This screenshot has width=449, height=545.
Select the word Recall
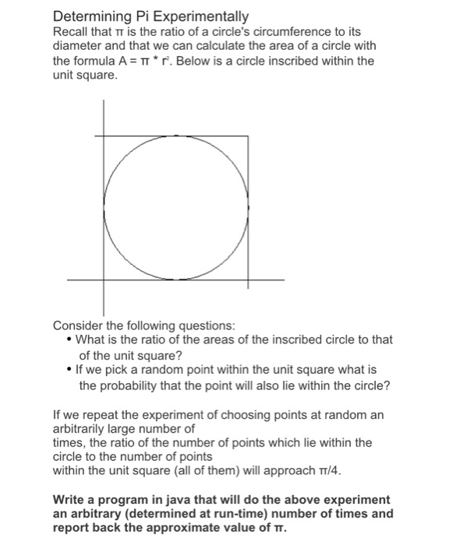point(71,32)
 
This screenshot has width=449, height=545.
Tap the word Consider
point(78,325)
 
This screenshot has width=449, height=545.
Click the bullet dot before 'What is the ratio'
point(71,339)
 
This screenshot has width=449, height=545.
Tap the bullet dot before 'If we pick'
point(71,371)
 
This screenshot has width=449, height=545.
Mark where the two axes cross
point(104,279)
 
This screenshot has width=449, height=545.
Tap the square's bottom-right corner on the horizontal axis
point(249,279)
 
